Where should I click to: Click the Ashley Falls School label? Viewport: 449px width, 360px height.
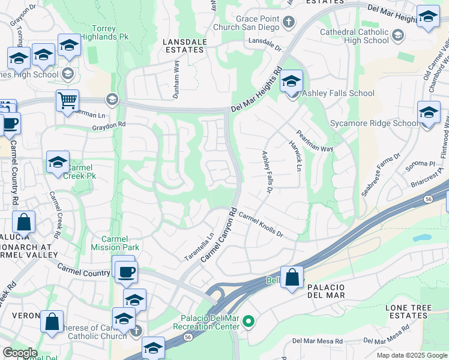(338, 93)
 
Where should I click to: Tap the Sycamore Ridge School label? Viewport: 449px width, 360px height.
(373, 124)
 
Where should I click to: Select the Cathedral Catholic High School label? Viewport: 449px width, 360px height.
(355, 36)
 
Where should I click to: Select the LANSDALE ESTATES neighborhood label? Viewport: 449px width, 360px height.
(184, 46)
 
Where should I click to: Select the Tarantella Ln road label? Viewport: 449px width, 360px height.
(199, 247)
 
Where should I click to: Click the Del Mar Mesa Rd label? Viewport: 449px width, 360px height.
(317, 341)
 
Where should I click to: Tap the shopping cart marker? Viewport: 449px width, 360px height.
(67, 101)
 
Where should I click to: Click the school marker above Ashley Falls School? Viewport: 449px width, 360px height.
(291, 81)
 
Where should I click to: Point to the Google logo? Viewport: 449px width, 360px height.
(20, 353)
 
